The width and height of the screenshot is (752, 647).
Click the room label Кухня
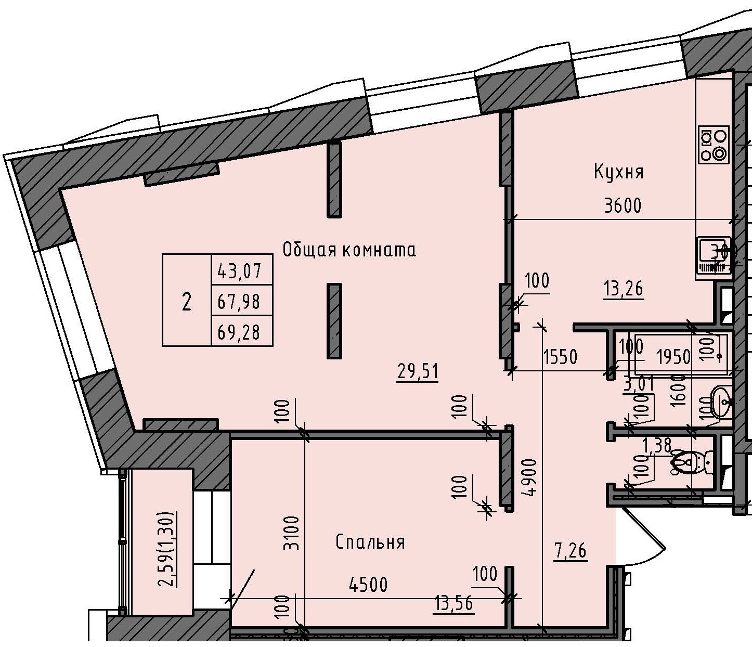[x=618, y=172]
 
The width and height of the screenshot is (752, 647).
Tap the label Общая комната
[x=349, y=250]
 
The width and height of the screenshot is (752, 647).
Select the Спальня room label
[x=370, y=542]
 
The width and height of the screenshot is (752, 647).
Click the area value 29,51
[x=418, y=372]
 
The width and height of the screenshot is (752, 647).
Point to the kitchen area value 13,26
[x=623, y=288]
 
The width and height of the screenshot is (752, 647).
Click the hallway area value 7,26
[x=571, y=550]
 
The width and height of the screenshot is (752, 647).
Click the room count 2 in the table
[x=186, y=301]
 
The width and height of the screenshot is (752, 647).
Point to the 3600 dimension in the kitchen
[x=623, y=206]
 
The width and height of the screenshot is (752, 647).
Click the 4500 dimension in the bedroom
[x=368, y=585]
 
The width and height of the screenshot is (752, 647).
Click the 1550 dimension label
[x=560, y=357]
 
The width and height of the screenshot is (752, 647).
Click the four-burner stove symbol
[x=713, y=144]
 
